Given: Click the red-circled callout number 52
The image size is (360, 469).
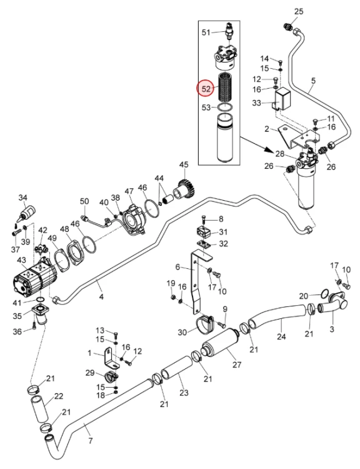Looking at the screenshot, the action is [206, 89].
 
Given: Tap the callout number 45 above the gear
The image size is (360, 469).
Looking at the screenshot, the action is [184, 164].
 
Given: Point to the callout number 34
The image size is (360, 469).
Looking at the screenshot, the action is [22, 198].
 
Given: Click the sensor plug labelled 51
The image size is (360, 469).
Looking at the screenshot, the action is [229, 31].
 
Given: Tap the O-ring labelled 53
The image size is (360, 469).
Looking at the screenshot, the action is [226, 106].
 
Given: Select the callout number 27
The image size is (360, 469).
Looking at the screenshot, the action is [237, 365].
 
